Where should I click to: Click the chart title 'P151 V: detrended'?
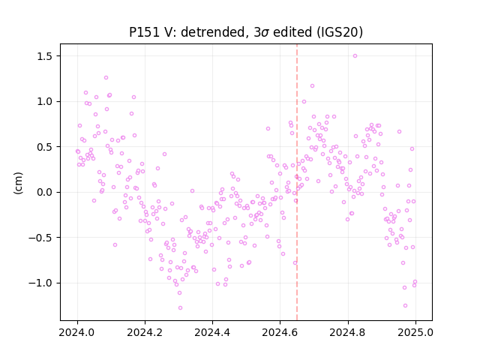[190, 32]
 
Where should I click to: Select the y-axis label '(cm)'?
[18, 183]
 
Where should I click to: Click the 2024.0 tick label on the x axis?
[77, 332]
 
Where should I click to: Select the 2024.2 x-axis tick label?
[145, 332]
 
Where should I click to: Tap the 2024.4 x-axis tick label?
[213, 332]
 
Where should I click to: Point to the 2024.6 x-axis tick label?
[280, 332]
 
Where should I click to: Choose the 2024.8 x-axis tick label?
[348, 332]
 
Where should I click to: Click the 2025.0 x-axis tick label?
[415, 332]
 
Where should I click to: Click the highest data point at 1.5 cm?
[355, 56]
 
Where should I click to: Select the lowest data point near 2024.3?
[180, 308]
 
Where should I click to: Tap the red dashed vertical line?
[297, 182]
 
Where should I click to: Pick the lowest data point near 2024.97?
[405, 306]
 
